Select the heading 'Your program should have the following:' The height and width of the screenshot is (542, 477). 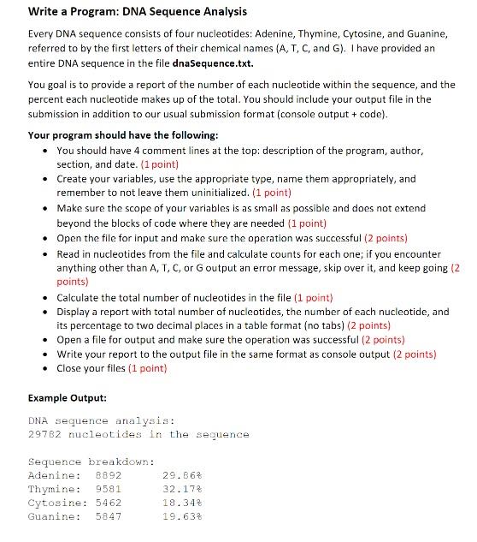123,135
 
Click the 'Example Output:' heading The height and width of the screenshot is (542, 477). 68,398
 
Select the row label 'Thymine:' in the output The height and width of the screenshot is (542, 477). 54,488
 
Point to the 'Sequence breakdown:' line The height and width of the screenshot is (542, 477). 83,461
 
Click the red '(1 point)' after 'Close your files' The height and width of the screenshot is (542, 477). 148,368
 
